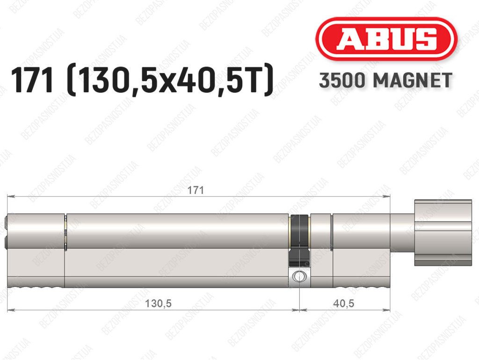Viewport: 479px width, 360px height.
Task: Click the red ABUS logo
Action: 386,39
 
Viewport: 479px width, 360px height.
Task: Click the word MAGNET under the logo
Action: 413,81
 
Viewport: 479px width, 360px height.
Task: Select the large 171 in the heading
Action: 32,80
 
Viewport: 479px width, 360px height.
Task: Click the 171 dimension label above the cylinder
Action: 196,190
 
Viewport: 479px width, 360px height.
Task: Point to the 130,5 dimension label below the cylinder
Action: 158,303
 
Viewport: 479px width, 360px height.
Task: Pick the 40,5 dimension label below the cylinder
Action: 344,303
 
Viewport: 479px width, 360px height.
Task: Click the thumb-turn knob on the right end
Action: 443,233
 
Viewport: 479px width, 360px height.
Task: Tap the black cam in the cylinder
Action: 299,241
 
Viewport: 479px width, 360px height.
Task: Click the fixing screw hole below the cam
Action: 299,276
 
